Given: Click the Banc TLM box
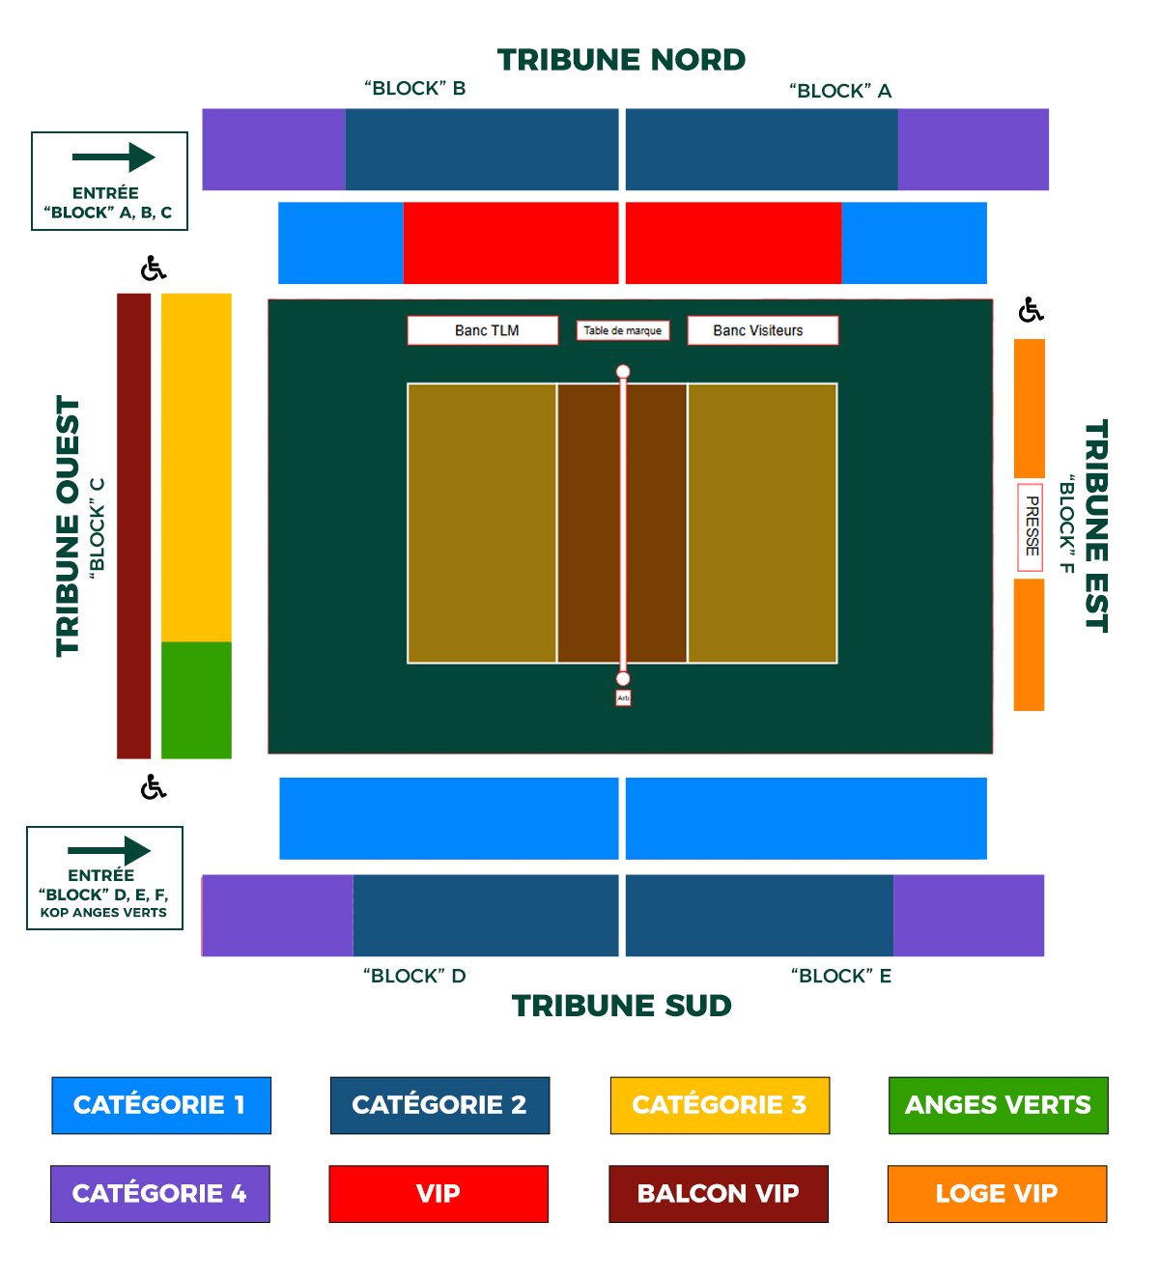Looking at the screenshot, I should [483, 330].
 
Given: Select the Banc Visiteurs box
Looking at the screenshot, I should [762, 330].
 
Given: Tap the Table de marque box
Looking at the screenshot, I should [623, 330].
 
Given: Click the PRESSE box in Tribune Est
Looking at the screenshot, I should [1031, 527].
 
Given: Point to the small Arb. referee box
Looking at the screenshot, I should [623, 697].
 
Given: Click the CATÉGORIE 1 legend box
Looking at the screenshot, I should [160, 1105].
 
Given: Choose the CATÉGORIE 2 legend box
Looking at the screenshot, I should [439, 1105].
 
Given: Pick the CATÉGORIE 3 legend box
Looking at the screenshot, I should [720, 1105].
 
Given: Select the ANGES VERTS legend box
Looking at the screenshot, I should [998, 1105].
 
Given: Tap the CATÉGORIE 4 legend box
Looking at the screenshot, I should [160, 1194].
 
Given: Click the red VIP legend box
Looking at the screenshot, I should [438, 1194].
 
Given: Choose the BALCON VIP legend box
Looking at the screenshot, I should [719, 1194].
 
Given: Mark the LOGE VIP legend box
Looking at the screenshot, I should [997, 1194].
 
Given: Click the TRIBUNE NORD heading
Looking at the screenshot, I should [621, 60].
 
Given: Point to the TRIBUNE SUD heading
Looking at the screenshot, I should [621, 1006].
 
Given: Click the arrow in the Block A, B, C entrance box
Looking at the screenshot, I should [113, 157].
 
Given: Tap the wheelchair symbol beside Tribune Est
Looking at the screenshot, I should [1031, 310].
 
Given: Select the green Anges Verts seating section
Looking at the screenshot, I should [196, 699].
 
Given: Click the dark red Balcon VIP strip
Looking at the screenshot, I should [133, 526].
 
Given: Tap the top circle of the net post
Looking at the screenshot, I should [623, 372].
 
